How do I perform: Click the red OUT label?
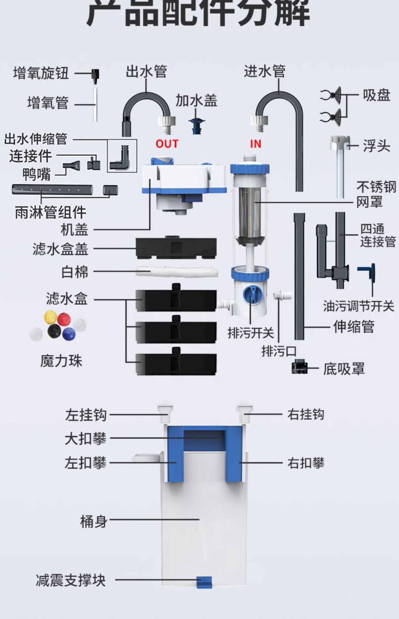(x=167, y=143)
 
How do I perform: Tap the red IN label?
(x=255, y=144)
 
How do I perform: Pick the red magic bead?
(x=64, y=319)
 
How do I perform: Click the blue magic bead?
(x=69, y=334)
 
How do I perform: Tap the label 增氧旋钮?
(x=41, y=73)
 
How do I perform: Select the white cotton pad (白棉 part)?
(x=176, y=272)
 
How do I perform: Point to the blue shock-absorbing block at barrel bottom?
(x=204, y=582)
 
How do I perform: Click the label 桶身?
(x=93, y=521)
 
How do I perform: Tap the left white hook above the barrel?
(x=165, y=413)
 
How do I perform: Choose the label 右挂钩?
(x=305, y=414)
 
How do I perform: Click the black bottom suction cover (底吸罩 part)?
(x=299, y=368)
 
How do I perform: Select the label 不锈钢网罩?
(x=376, y=194)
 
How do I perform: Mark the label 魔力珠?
(x=61, y=361)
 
